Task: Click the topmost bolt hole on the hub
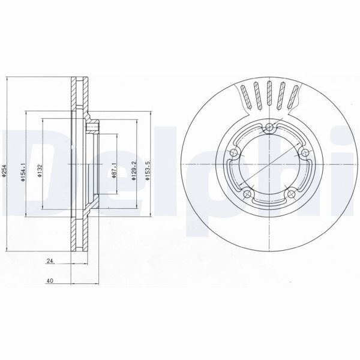click(271, 127)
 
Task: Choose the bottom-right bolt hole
click(293, 193)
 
